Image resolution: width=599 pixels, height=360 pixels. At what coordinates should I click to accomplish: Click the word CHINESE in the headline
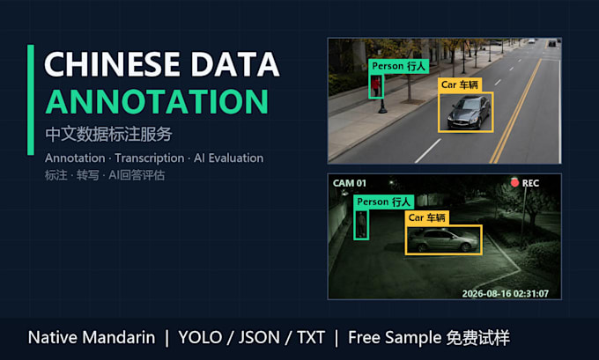click(x=113, y=64)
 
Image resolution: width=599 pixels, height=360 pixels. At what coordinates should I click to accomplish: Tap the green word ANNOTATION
click(x=157, y=101)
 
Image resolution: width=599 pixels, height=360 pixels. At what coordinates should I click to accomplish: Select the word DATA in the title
click(x=235, y=64)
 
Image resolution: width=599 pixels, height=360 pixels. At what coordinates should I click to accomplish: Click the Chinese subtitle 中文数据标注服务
click(x=108, y=134)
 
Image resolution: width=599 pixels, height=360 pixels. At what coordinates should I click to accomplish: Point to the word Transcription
click(x=150, y=158)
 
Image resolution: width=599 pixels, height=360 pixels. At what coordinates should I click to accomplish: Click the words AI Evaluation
click(x=228, y=158)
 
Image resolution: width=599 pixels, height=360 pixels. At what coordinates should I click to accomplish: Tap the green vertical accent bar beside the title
click(x=31, y=100)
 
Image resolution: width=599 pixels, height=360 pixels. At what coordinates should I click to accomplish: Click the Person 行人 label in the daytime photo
click(x=398, y=66)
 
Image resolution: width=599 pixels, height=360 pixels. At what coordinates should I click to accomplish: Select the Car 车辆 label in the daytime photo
click(x=460, y=84)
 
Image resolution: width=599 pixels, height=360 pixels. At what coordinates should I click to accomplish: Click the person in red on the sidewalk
click(x=376, y=86)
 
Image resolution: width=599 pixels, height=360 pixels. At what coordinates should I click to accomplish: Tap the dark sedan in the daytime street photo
click(x=470, y=113)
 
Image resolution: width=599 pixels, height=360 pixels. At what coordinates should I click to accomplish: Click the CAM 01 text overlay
click(x=350, y=183)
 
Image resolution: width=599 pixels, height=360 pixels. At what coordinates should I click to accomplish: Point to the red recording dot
click(x=514, y=183)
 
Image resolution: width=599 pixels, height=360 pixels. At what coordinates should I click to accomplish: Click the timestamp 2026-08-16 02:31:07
click(x=506, y=294)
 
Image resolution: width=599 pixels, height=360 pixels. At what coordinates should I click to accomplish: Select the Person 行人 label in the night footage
click(x=383, y=202)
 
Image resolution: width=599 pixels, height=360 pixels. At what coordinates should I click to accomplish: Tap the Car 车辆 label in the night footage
click(x=426, y=217)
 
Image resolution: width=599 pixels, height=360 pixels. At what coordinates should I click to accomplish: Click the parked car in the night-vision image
click(x=443, y=240)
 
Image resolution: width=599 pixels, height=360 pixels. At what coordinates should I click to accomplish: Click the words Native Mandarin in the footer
click(x=92, y=337)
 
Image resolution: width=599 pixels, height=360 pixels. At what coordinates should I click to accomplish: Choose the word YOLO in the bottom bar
click(x=200, y=337)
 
